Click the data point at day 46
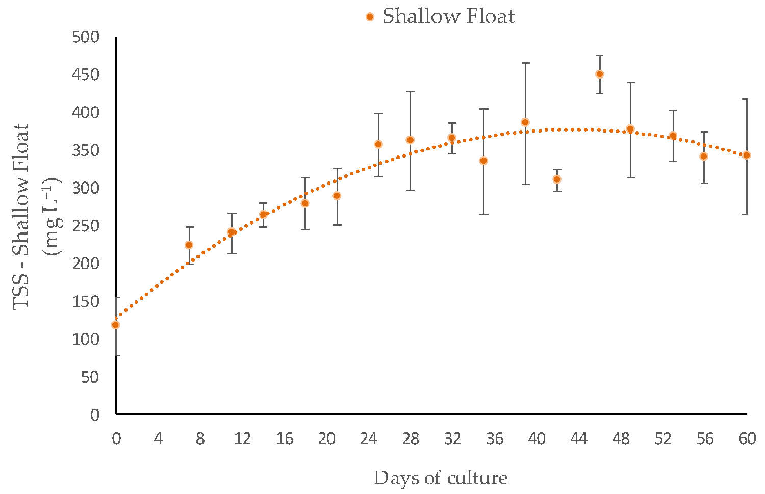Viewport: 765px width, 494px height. [x=600, y=74]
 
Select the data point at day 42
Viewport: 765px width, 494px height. [x=557, y=179]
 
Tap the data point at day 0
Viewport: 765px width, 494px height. [x=116, y=325]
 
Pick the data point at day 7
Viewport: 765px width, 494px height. [x=189, y=245]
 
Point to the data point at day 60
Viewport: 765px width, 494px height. [x=747, y=155]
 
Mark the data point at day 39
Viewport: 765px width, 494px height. [x=525, y=122]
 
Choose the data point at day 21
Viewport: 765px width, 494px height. [x=337, y=196]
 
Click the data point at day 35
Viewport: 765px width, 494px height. [x=483, y=161]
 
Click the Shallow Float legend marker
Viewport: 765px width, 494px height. [x=370, y=17]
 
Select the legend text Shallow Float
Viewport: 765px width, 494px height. [x=448, y=17]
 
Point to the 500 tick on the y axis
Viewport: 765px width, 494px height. [x=86, y=37]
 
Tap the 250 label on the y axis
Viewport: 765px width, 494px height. [x=86, y=226]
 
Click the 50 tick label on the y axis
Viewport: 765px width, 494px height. [x=90, y=377]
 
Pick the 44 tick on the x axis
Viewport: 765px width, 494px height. [x=579, y=439]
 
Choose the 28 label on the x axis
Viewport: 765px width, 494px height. [x=411, y=439]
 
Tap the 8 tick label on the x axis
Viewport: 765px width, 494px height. [x=200, y=439]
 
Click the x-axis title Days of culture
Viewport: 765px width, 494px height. [x=441, y=478]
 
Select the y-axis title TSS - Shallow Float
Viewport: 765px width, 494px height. [x=22, y=217]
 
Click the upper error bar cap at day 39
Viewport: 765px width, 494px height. [x=525, y=63]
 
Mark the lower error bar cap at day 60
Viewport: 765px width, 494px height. [x=747, y=214]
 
